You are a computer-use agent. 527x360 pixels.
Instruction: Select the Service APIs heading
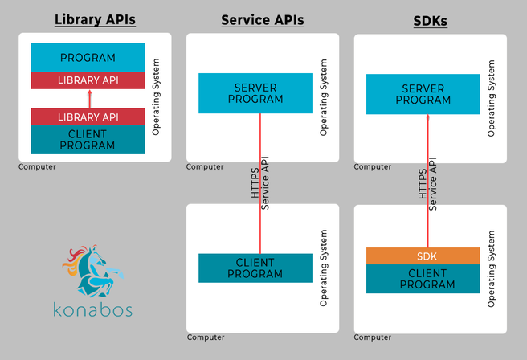click(263, 20)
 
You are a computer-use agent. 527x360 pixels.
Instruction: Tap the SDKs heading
click(430, 21)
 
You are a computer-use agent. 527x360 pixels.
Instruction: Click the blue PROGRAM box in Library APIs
click(88, 58)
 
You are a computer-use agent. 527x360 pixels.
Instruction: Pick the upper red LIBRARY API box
click(88, 80)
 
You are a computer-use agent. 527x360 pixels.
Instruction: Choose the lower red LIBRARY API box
click(88, 117)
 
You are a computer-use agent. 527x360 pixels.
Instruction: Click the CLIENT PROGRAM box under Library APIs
click(88, 140)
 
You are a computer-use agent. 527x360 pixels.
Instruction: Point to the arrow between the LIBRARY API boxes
click(88, 99)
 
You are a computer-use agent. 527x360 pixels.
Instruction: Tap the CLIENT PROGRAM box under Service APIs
click(255, 268)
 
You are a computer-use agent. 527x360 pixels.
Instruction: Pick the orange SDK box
click(423, 256)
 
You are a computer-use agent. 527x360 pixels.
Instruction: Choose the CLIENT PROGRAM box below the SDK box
click(423, 279)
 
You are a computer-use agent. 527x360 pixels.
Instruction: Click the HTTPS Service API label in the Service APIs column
click(260, 184)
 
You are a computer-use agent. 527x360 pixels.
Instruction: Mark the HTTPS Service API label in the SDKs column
click(428, 184)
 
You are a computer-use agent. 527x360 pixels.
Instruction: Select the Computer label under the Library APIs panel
click(37, 167)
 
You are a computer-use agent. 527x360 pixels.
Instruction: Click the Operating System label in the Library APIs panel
click(157, 96)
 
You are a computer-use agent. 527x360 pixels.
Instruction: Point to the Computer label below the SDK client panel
click(374, 337)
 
